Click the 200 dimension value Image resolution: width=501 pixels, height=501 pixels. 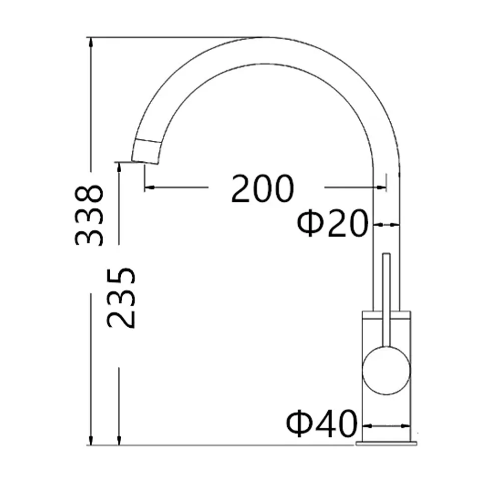(x=262, y=188)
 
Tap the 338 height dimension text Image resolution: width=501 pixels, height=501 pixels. (x=89, y=215)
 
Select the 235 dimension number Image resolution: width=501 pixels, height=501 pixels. (x=121, y=298)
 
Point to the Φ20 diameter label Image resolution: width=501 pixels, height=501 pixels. (x=333, y=222)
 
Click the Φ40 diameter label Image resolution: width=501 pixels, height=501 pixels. (x=322, y=424)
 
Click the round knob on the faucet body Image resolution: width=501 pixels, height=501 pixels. (x=386, y=370)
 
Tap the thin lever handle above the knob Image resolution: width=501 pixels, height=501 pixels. (x=386, y=300)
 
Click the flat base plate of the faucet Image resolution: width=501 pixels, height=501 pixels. (x=386, y=443)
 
